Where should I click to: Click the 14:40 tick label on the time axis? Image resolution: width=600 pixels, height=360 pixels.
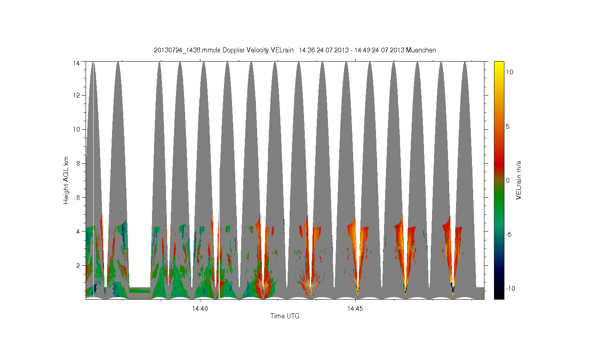pyautogui.click(x=200, y=308)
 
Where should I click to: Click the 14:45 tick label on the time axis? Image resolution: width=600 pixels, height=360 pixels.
pyautogui.click(x=355, y=308)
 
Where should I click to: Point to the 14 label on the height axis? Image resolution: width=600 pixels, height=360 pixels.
pyautogui.click(x=76, y=63)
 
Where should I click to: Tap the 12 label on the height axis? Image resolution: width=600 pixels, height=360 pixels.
pyautogui.click(x=76, y=95)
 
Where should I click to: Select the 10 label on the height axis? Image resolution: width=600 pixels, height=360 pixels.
pyautogui.click(x=76, y=129)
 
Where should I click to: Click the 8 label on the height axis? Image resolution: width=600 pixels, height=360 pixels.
pyautogui.click(x=78, y=163)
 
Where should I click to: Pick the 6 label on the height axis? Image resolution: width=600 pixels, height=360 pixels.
pyautogui.click(x=78, y=198)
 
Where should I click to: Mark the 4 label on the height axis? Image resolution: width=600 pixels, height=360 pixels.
pyautogui.click(x=78, y=232)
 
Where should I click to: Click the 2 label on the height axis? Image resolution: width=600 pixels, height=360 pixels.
pyautogui.click(x=78, y=266)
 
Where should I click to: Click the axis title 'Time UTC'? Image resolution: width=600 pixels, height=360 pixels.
pyautogui.click(x=285, y=316)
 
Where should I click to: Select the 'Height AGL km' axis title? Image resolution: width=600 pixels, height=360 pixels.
pyautogui.click(x=66, y=180)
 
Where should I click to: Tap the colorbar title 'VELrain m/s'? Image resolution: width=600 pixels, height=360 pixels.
pyautogui.click(x=518, y=180)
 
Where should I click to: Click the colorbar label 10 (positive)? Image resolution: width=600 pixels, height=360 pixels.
pyautogui.click(x=510, y=72)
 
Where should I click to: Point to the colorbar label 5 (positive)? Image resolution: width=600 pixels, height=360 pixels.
pyautogui.click(x=508, y=126)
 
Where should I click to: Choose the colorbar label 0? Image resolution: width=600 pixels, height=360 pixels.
pyautogui.click(x=508, y=180)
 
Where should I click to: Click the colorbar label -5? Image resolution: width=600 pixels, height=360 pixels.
pyautogui.click(x=509, y=235)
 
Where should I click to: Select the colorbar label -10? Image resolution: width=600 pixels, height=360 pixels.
pyautogui.click(x=510, y=288)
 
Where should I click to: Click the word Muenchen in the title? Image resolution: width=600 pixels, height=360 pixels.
pyautogui.click(x=421, y=50)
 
